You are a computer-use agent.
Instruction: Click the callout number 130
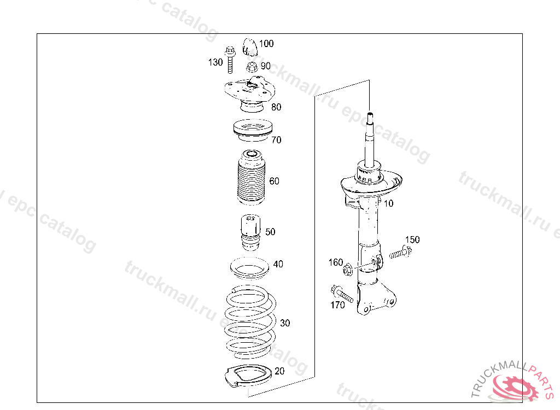[x=215, y=62]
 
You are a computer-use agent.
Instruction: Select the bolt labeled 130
[x=230, y=60]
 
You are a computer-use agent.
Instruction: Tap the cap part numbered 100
[x=249, y=48]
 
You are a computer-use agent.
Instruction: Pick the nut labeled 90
[x=252, y=67]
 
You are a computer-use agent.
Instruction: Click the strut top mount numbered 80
[x=249, y=93]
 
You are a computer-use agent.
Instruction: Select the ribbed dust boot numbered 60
[x=252, y=178]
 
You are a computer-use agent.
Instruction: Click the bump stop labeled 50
[x=250, y=232]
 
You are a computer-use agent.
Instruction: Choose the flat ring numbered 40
[x=249, y=268]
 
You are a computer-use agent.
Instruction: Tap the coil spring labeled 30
[x=250, y=321]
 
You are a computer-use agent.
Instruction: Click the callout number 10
[x=388, y=203]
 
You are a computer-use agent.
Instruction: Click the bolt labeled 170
[x=342, y=294]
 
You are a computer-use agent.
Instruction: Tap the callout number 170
[x=337, y=305]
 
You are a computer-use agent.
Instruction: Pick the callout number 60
[x=275, y=181]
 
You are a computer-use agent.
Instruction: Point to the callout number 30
[x=284, y=323]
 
